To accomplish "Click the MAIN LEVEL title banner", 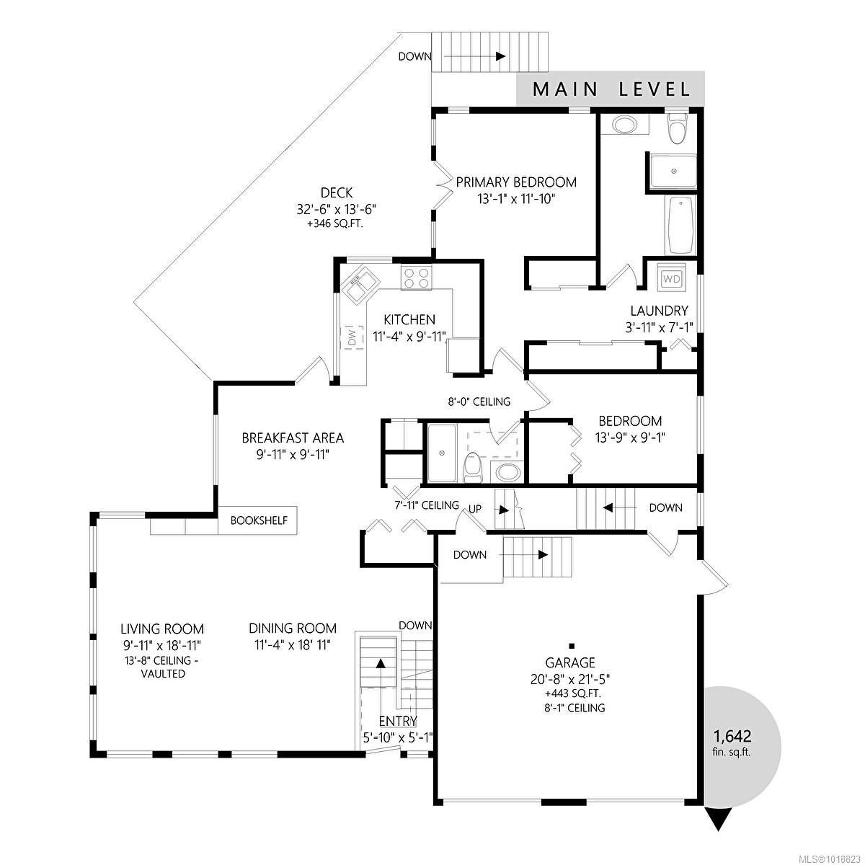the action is pos(610,89).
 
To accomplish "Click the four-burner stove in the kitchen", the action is pos(417,278).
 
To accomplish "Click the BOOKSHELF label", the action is pos(259,520).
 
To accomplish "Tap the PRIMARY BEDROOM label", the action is pos(516,182).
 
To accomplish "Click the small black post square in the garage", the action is pos(572,646).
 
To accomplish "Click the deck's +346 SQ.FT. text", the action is pos(336,223).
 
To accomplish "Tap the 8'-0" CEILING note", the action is pos(479,402).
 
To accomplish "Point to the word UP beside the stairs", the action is pos(475,509).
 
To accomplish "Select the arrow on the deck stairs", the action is pos(474,56).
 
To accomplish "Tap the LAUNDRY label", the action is pos(659,311).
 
